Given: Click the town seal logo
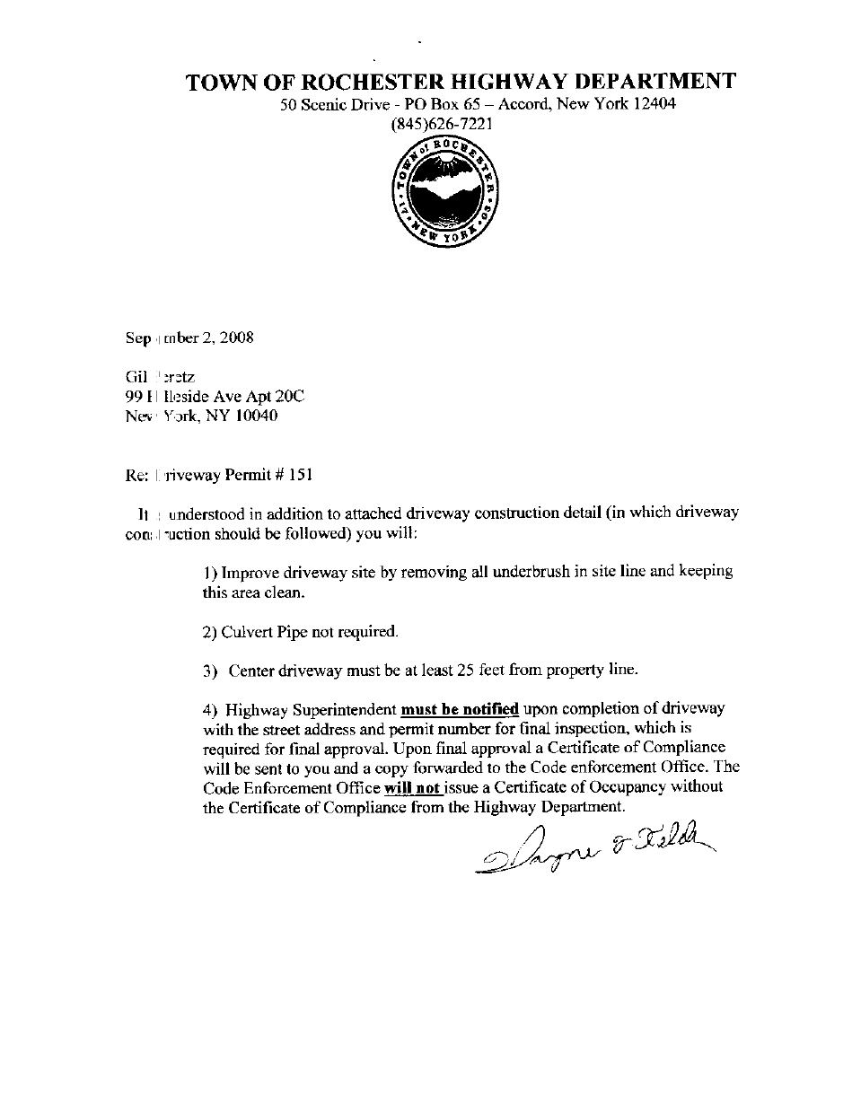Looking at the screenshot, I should click(446, 192).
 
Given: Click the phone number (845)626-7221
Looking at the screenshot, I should click(442, 125).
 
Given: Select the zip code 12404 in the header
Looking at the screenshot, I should click(655, 104).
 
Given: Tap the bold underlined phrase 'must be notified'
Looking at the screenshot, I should click(460, 708).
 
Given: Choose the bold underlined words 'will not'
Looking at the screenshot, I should click(413, 787).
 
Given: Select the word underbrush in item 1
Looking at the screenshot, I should click(529, 572).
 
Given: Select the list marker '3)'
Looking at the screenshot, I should click(210, 671).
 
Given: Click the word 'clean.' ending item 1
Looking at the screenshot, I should click(284, 592).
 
